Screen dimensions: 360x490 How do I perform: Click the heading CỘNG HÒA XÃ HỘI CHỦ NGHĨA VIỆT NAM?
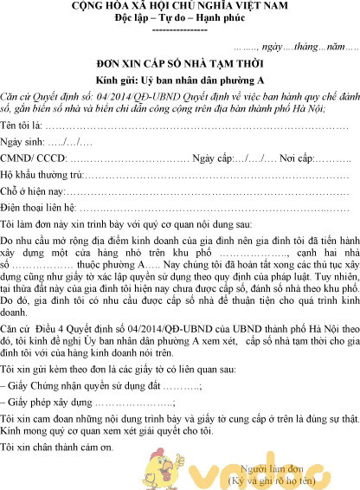[180, 8]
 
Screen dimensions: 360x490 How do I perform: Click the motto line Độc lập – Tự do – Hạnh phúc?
[179, 19]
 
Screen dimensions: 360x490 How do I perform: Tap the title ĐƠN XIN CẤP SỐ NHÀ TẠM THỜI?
[180, 64]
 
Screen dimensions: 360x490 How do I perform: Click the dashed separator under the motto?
[179, 29]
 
